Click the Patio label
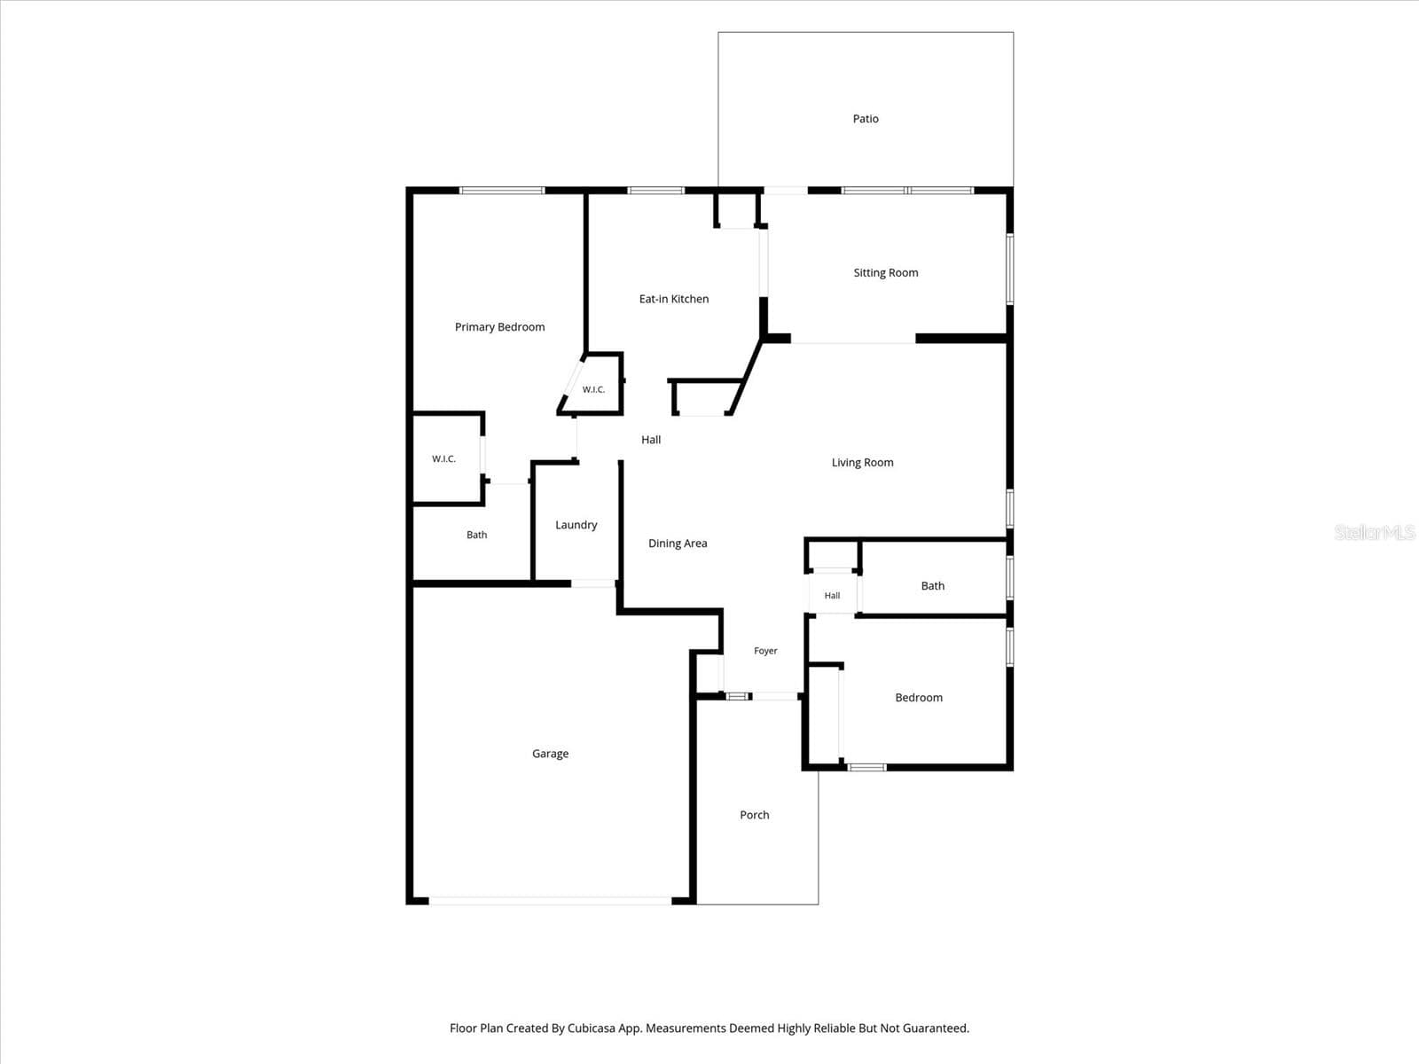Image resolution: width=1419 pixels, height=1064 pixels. (865, 119)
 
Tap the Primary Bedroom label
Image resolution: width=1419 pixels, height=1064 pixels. (499, 327)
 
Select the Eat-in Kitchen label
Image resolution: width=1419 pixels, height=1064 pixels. (674, 299)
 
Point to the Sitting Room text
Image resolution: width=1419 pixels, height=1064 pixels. (886, 272)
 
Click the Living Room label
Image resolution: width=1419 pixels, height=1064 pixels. (862, 463)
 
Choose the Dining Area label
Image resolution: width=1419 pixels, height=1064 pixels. (678, 544)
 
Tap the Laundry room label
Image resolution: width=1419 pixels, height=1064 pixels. (576, 525)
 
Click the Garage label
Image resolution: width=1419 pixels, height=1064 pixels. (550, 754)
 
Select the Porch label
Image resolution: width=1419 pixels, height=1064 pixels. (755, 815)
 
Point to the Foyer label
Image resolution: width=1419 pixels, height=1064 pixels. (765, 651)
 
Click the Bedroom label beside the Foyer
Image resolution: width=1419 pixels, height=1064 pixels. (919, 698)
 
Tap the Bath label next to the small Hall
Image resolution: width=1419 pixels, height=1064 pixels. (932, 586)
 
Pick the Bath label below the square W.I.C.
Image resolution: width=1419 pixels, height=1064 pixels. (477, 535)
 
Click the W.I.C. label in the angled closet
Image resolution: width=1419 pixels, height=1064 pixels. (593, 389)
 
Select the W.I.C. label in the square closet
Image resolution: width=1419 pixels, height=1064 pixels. (443, 458)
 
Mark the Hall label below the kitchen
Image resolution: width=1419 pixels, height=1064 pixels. (651, 440)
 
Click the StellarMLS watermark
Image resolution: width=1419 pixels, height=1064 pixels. (1375, 532)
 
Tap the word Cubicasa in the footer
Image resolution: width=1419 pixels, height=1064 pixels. (591, 1028)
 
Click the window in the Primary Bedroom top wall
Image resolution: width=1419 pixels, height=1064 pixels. (502, 191)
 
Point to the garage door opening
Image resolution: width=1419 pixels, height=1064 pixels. (550, 901)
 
